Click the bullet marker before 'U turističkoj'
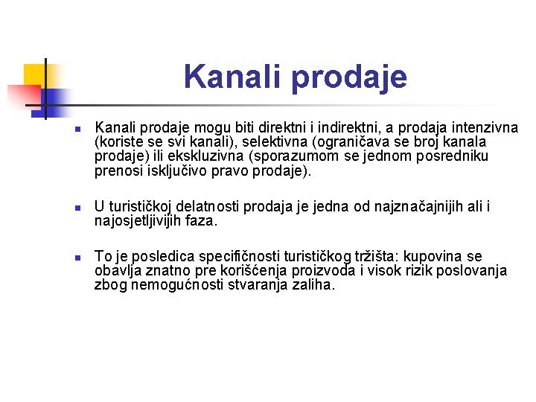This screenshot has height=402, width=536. [77, 206]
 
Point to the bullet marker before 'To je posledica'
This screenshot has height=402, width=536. [77, 257]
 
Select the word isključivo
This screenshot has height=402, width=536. [178, 171]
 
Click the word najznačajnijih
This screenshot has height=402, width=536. [421, 206]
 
